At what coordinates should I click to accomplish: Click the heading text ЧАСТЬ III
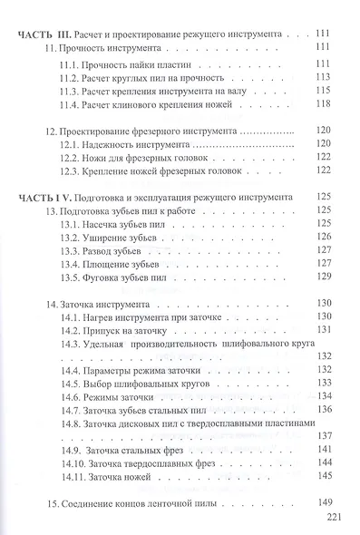click(x=49, y=34)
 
